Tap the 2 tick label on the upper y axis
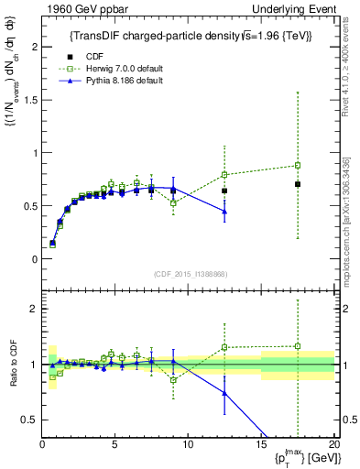(x=33, y=46)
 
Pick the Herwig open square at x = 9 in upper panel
(x=173, y=202)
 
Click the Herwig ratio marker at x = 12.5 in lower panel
(x=224, y=347)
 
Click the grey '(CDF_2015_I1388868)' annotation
(x=190, y=275)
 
